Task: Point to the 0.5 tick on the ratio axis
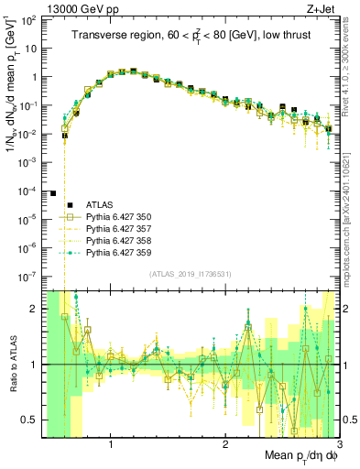29,420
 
